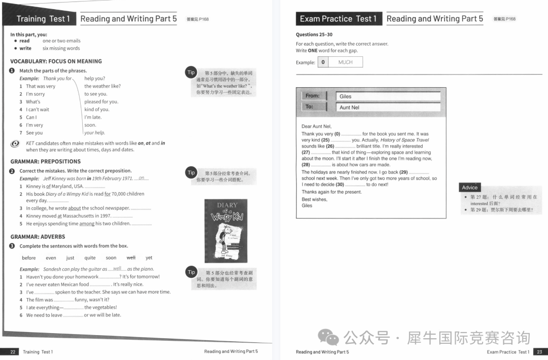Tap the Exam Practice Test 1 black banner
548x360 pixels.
338,19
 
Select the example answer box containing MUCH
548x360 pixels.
345,62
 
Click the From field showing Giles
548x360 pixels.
388,96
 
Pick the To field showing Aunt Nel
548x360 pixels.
388,107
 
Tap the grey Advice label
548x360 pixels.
470,188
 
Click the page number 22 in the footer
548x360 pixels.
13,352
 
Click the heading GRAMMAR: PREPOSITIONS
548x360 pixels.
45,162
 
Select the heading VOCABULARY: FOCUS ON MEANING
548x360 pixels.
56,61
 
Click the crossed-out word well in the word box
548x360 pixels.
131,258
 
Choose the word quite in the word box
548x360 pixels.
90,258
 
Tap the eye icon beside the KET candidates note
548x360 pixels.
15,144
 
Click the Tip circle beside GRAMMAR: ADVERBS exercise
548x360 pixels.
191,272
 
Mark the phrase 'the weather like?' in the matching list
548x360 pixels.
102,86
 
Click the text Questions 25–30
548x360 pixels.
314,34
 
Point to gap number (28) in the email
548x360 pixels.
305,165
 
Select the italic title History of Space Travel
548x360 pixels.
404,140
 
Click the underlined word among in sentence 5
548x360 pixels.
87,224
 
